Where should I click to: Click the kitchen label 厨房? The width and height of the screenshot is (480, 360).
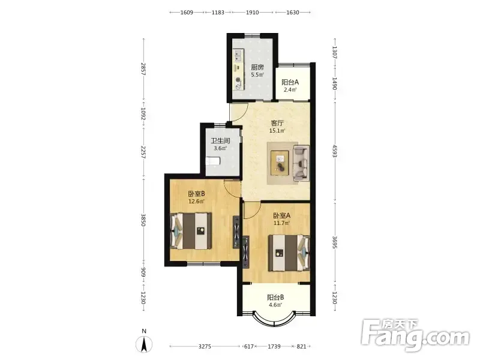click(257, 67)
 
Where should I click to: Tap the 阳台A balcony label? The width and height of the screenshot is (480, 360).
click(290, 82)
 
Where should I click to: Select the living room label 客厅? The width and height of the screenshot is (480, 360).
click(277, 123)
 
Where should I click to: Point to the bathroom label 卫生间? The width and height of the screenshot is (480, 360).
click(220, 141)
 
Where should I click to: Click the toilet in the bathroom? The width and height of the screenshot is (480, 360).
click(213, 161)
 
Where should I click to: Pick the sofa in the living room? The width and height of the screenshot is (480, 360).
click(301, 164)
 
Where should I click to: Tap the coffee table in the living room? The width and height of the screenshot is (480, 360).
click(280, 163)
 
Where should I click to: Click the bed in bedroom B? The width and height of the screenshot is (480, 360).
click(191, 231)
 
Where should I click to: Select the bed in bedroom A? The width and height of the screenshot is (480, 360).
click(289, 253)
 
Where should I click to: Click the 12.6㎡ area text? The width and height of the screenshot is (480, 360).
click(196, 202)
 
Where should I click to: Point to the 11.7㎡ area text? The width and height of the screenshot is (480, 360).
click(281, 223)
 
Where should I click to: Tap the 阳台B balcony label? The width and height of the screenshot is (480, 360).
click(275, 297)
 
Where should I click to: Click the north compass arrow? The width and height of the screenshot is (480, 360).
click(144, 344)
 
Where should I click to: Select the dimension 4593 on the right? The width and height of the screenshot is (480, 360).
click(335, 151)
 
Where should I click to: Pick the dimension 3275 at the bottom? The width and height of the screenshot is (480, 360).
click(205, 347)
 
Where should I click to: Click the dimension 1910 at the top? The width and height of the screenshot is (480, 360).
click(253, 12)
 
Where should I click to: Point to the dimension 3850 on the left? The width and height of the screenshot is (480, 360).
click(143, 220)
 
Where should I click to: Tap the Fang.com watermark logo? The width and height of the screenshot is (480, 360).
click(415, 335)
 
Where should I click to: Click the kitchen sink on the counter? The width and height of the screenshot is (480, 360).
click(238, 55)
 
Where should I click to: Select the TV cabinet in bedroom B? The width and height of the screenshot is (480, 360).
click(236, 232)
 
